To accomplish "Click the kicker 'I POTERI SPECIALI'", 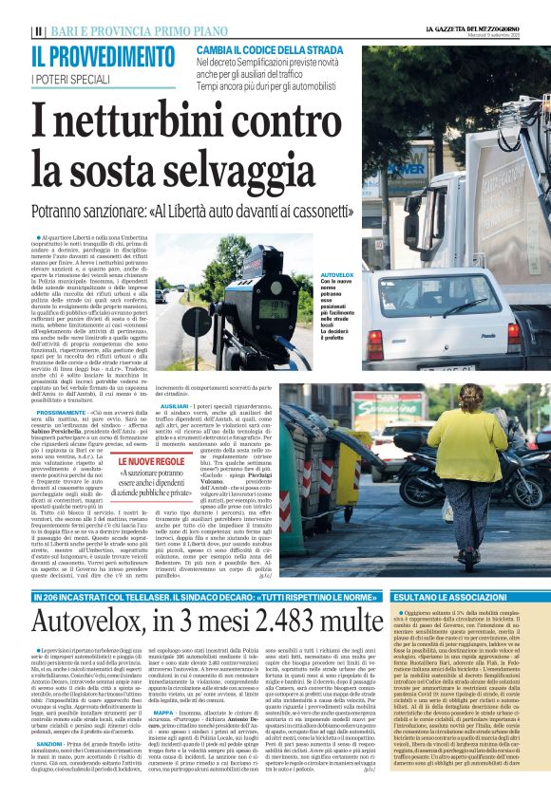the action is [69, 78].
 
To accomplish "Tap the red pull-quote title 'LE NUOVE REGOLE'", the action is [151, 461].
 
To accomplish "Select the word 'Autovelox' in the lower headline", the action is [104, 595].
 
